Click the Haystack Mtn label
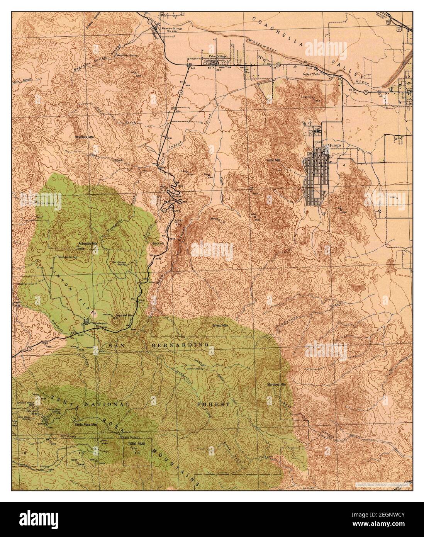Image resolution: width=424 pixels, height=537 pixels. (84, 137)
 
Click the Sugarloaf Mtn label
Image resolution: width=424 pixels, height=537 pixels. (124, 315)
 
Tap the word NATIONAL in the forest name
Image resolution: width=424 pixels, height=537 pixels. (107, 404)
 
